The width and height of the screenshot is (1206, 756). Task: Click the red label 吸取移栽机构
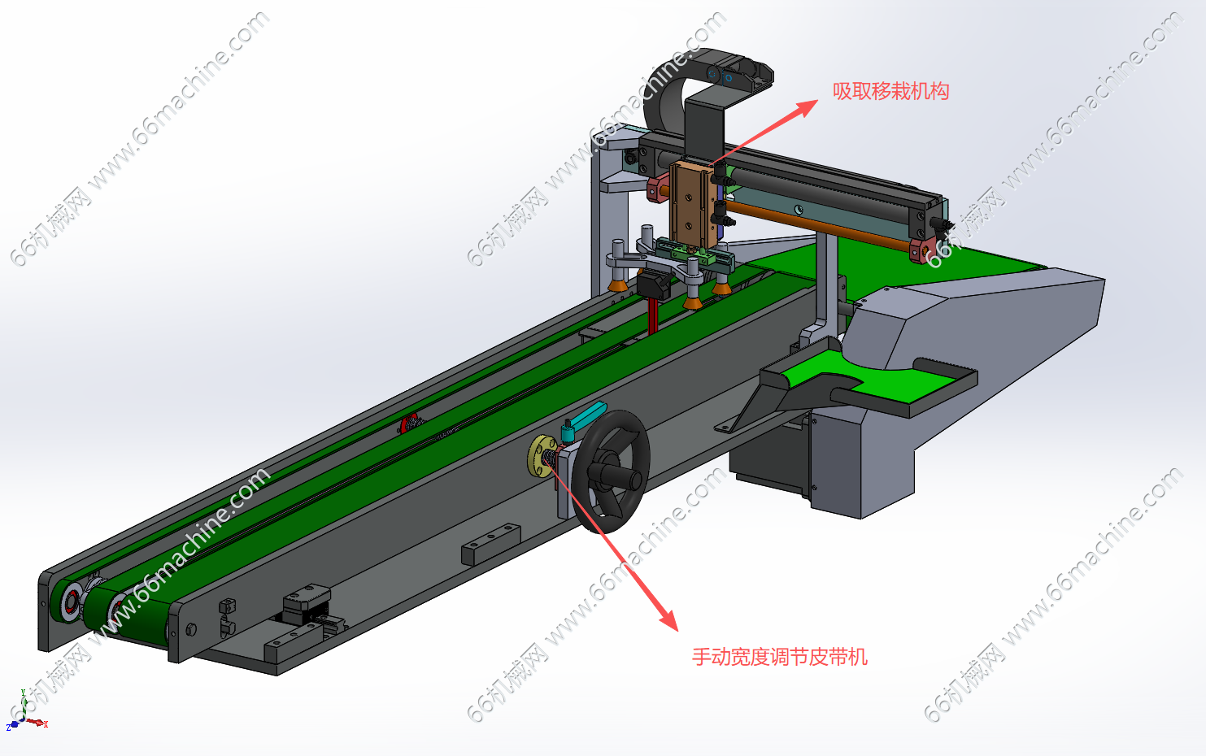tap(891, 92)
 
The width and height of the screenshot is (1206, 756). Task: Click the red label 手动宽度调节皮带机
tap(780, 657)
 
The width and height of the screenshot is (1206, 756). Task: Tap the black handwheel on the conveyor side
tap(611, 472)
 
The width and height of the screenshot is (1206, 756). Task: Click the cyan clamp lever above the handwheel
tap(586, 416)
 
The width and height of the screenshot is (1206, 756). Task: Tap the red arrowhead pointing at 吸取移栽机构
tap(805, 106)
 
